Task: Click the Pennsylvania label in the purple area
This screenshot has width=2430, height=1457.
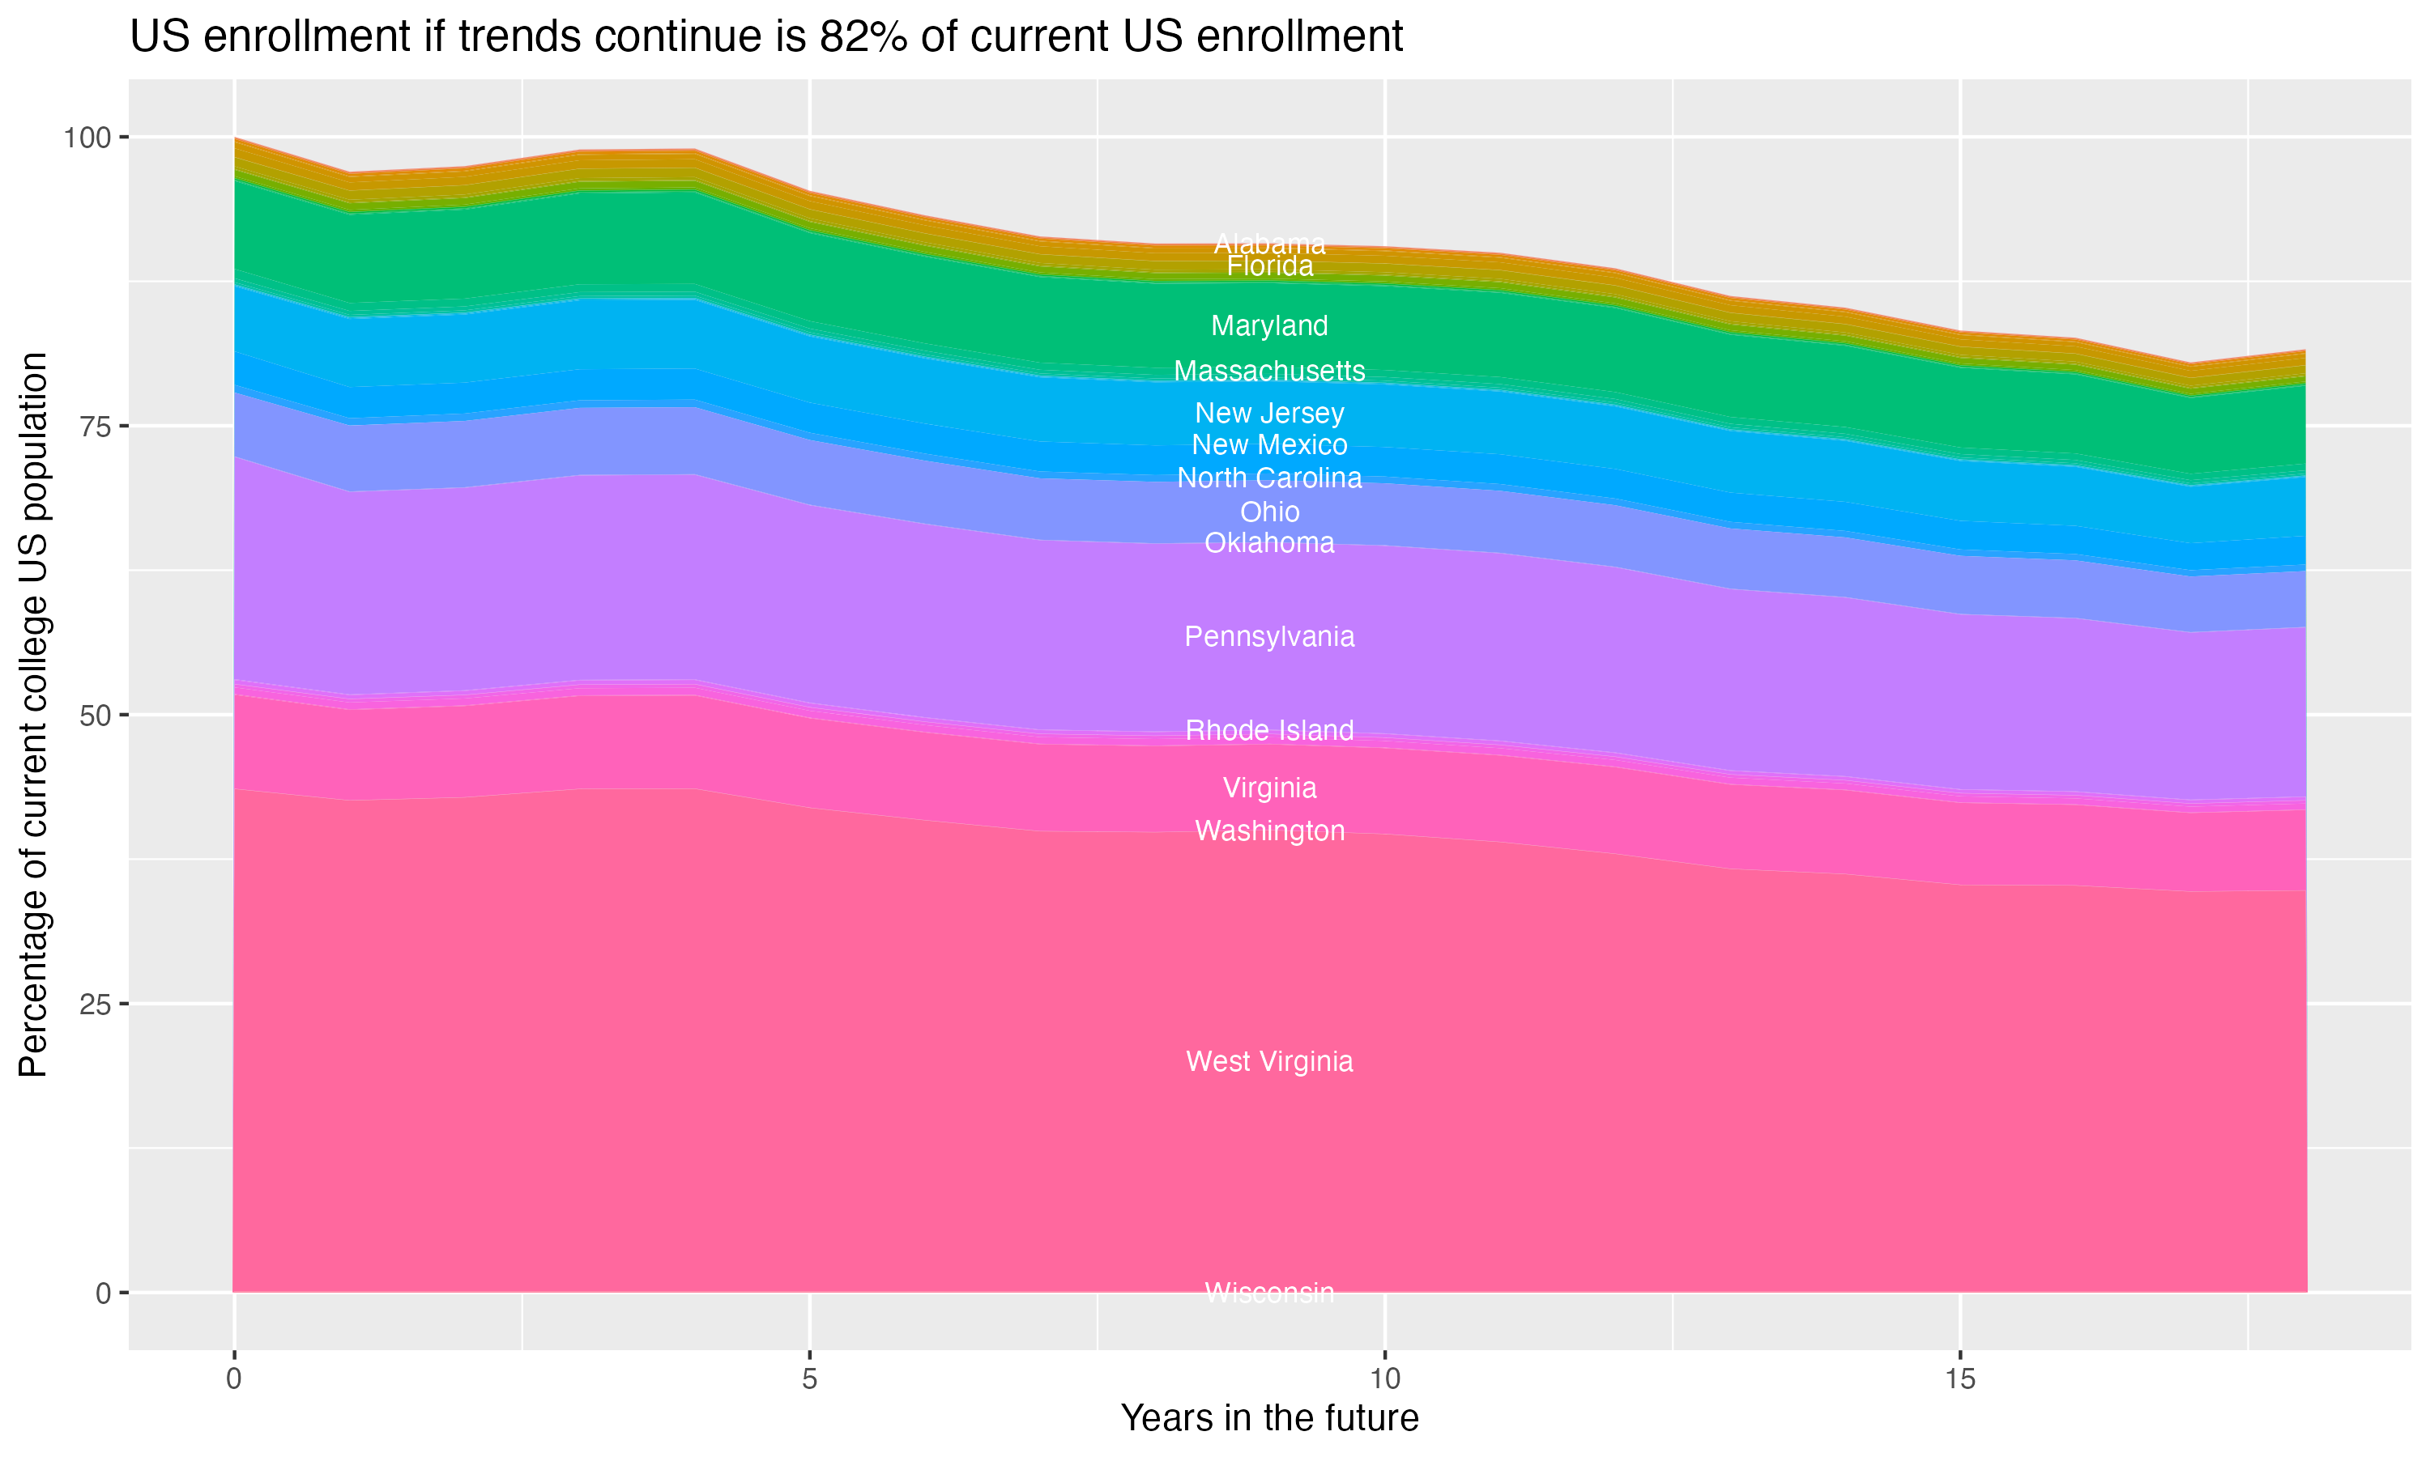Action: coord(1269,637)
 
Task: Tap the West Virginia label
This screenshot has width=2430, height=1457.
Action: coord(1269,1061)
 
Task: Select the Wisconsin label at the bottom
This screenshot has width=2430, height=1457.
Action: coord(1269,1293)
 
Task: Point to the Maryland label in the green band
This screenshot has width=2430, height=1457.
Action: coord(1269,326)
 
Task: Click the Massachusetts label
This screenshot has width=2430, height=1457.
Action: coord(1269,371)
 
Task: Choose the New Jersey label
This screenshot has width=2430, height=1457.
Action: coord(1269,414)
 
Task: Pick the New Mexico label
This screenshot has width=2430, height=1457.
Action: coord(1269,444)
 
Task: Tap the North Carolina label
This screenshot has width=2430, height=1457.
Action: coord(1269,478)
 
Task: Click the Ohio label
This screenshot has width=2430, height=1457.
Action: coord(1269,512)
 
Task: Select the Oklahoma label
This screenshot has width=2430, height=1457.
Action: coord(1269,543)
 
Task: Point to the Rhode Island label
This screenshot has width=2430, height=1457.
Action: coord(1269,730)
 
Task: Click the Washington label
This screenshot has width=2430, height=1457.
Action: coord(1269,831)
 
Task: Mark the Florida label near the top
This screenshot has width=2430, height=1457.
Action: coord(1269,267)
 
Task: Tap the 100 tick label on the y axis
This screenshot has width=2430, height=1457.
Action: coord(85,138)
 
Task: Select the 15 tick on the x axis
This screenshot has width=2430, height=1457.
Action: coord(1959,1379)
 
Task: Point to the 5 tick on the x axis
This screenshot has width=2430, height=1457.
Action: coord(809,1379)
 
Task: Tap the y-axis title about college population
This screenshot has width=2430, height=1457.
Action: coord(33,714)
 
